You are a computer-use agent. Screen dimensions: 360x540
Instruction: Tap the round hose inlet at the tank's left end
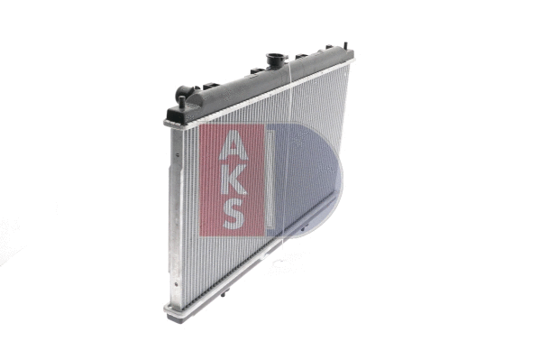pos(183,92)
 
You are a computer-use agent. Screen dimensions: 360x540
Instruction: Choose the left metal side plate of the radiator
pos(172,217)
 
